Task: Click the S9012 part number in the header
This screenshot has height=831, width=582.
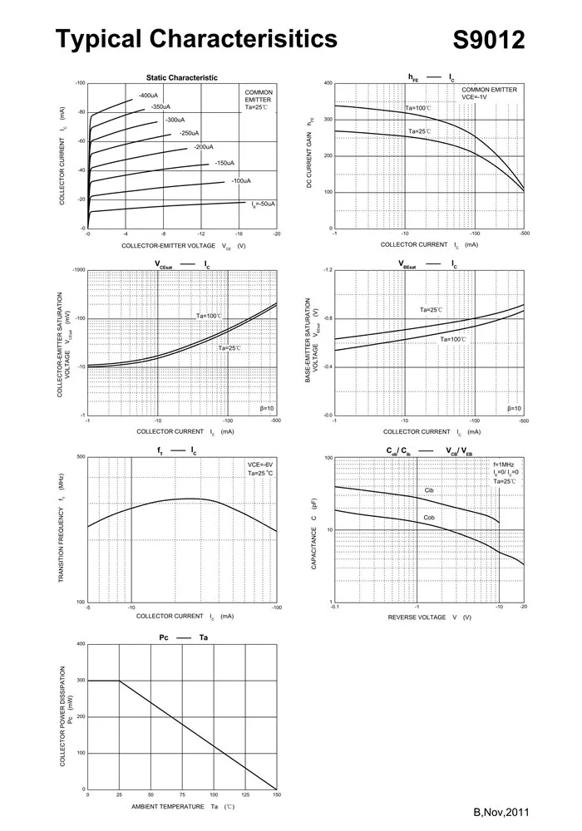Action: point(489,40)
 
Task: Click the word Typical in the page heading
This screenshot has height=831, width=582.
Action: point(100,39)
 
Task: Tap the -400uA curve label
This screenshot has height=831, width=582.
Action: point(149,96)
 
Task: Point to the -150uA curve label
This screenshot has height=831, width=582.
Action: point(224,163)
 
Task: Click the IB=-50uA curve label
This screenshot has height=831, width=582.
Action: point(264,204)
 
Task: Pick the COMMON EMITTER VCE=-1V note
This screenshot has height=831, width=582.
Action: point(489,93)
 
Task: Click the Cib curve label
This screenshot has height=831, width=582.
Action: point(429,491)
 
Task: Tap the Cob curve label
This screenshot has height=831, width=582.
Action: point(429,518)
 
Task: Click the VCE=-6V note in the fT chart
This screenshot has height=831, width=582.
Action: point(260,465)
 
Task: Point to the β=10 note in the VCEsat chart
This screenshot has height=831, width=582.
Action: point(267,409)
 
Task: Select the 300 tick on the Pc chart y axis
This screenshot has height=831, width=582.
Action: point(81,681)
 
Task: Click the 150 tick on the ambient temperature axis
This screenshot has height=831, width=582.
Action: point(276,795)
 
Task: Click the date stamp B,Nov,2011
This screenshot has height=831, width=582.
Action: point(501,812)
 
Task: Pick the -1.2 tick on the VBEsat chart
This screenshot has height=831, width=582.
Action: point(328,271)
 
